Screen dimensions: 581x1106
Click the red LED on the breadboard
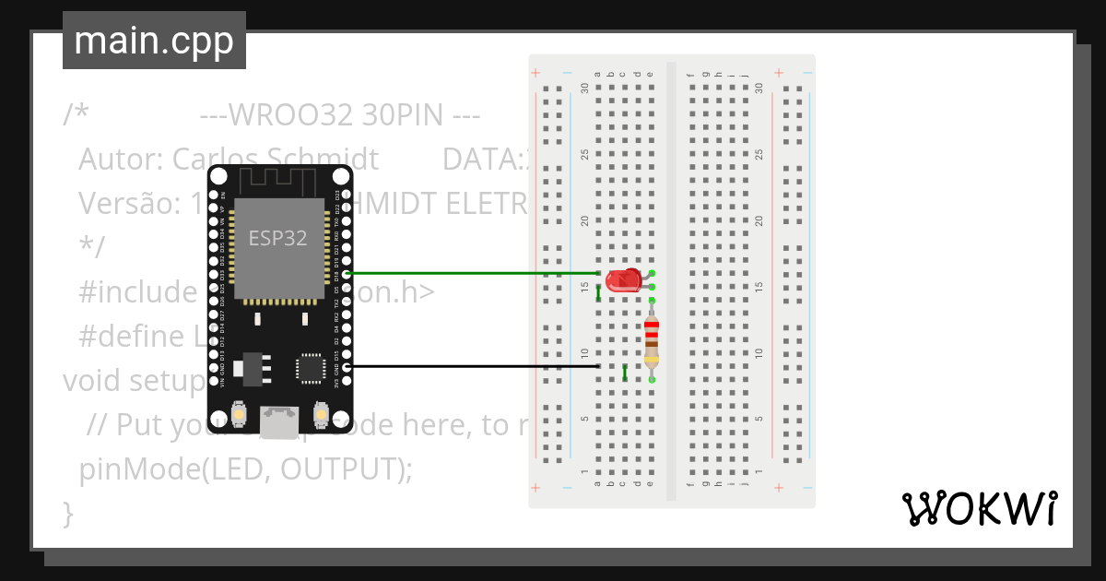624,280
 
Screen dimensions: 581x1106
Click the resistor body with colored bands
652,339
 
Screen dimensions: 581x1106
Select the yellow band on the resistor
652,359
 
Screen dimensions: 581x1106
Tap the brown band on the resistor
652,343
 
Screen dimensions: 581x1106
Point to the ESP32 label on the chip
277,237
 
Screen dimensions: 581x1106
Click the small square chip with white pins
310,368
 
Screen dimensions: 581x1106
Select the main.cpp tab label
154,41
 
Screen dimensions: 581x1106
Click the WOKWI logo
980,509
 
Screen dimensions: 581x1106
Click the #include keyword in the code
135,292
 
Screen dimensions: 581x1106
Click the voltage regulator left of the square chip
250,366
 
